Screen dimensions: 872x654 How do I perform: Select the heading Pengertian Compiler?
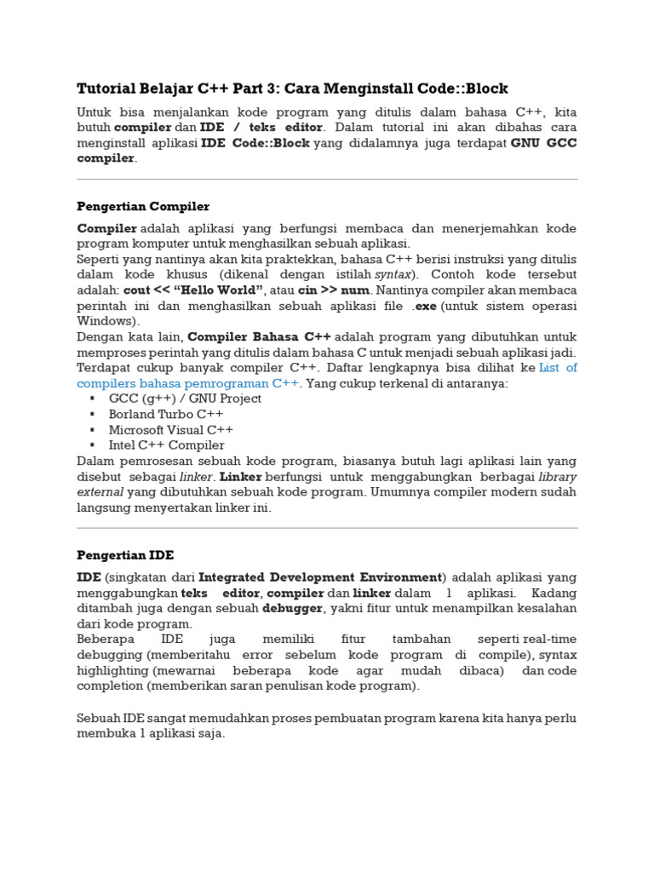click(x=143, y=206)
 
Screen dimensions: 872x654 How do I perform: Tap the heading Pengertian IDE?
click(x=125, y=555)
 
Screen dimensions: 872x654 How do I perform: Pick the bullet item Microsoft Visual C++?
click(x=170, y=430)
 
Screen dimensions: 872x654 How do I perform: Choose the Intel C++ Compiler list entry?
click(x=166, y=445)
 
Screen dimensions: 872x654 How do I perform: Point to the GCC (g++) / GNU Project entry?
click(x=185, y=399)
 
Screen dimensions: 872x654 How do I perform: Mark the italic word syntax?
click(x=394, y=275)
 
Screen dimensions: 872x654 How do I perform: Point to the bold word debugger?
click(x=292, y=608)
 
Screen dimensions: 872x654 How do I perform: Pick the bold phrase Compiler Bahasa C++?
click(x=259, y=336)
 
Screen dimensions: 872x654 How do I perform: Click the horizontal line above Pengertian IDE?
click(x=327, y=528)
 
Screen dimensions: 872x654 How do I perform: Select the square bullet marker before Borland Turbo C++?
click(x=92, y=414)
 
